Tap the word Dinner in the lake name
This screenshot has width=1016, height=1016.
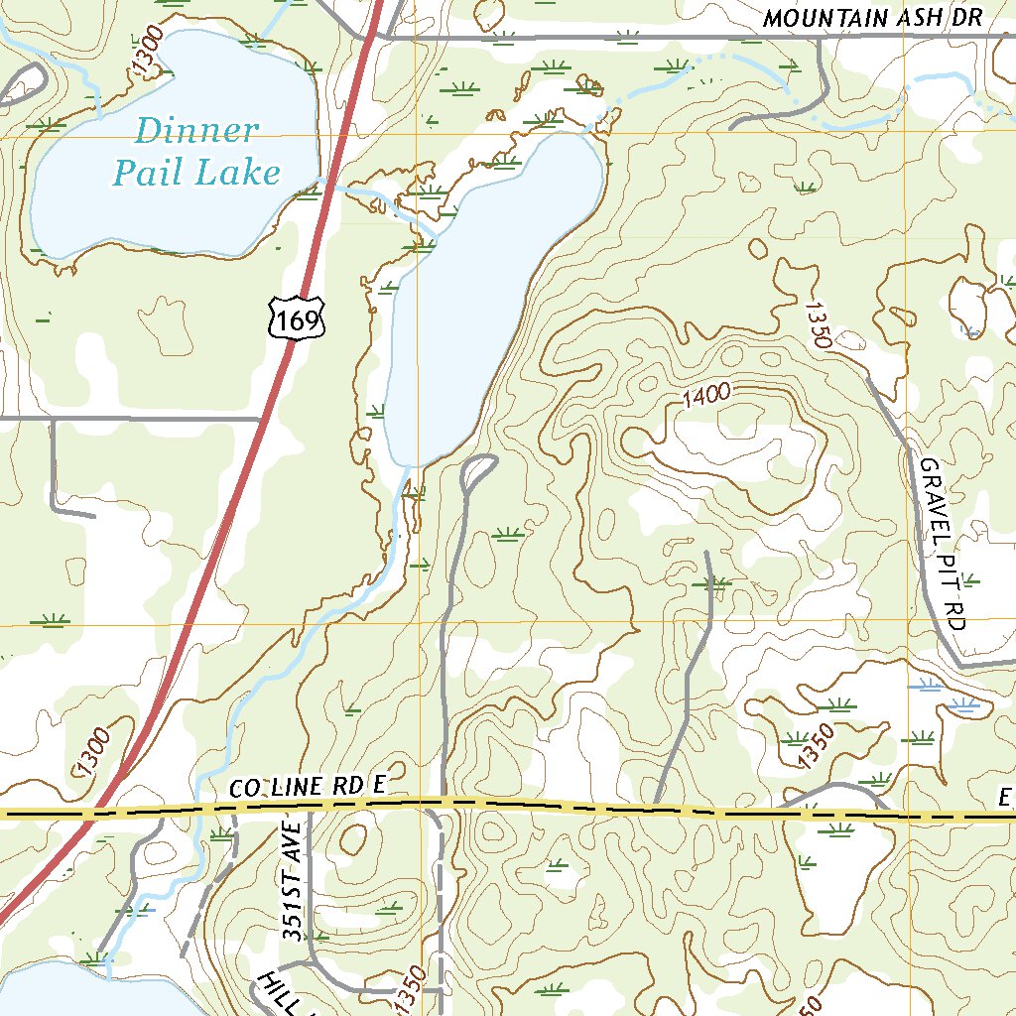196,131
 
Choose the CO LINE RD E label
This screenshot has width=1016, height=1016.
307,787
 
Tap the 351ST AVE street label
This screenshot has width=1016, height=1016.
291,874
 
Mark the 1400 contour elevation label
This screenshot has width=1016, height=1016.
707,396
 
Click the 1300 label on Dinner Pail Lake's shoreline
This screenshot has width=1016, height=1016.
146,49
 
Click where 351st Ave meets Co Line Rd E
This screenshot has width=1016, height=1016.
309,812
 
